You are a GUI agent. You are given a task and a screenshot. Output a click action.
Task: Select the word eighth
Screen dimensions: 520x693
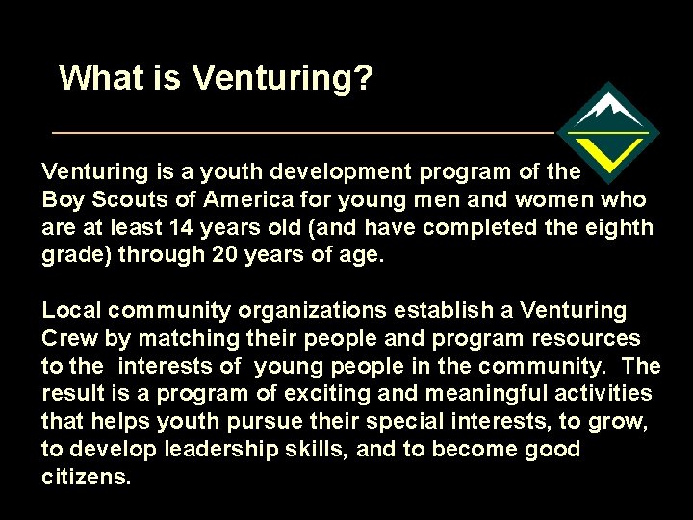click(x=613, y=228)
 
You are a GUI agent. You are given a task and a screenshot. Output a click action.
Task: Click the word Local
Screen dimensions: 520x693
click(x=71, y=311)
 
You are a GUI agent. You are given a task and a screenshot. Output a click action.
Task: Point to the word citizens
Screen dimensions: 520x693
click(x=86, y=478)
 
